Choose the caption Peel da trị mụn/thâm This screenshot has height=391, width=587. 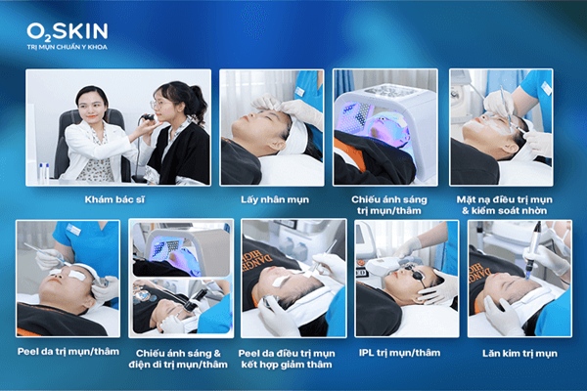[68, 351]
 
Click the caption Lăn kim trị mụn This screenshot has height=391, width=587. [516, 351]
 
